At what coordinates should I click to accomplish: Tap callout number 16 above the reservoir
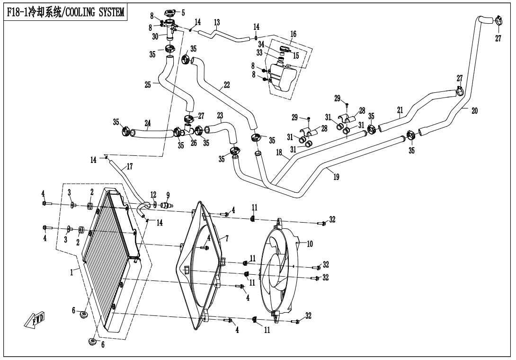pos(293,35)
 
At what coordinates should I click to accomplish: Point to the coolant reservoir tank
pos(283,77)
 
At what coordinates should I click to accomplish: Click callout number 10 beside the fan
pos(310,244)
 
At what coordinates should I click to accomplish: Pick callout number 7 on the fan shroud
pos(226,239)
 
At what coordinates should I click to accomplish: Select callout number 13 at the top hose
pos(217,23)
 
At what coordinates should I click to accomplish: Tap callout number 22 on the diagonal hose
pos(227,85)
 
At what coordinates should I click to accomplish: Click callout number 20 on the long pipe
pos(474,111)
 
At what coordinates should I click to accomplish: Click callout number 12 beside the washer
pos(153,195)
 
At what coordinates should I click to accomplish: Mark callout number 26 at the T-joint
pos(194,143)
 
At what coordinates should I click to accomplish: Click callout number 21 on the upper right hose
pos(400,110)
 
